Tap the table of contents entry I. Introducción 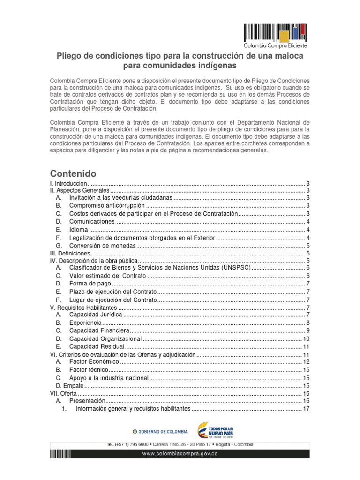pos(68,183)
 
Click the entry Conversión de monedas pos(102,246)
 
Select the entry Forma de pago pos(90,284)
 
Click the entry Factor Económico pos(94,362)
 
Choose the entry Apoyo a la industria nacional pos(109,377)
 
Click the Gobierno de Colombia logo pos(159,431)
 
